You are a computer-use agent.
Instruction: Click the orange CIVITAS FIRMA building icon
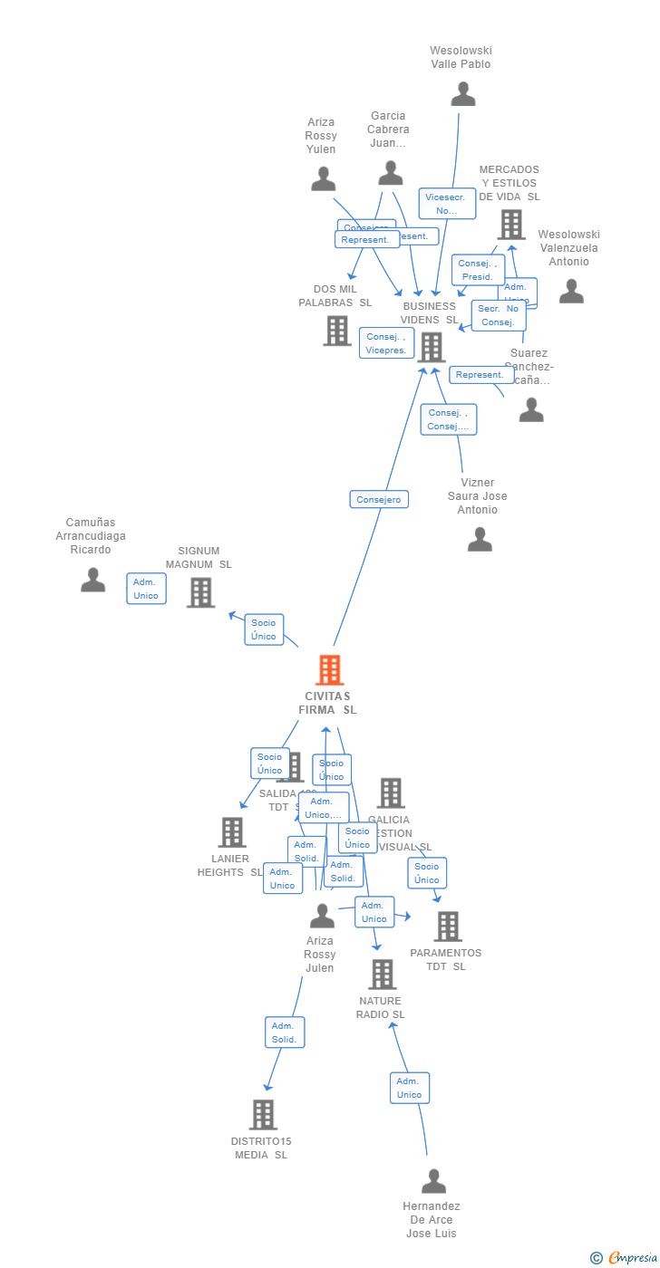pyautogui.click(x=329, y=670)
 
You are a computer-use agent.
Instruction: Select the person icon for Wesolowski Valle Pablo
pyautogui.click(x=463, y=94)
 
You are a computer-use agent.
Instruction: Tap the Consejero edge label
pyautogui.click(x=379, y=499)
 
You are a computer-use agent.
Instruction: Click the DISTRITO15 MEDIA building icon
pyautogui.click(x=263, y=1115)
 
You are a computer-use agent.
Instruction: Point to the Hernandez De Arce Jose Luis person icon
pyautogui.click(x=433, y=1181)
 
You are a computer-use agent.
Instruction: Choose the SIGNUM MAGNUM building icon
pyautogui.click(x=200, y=592)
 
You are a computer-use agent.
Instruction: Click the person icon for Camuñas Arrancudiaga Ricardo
pyautogui.click(x=92, y=580)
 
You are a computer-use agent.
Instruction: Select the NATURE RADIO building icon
pyautogui.click(x=382, y=975)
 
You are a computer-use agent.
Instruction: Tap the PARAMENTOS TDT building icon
pyautogui.click(x=447, y=927)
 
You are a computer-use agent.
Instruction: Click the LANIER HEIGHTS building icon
pyautogui.click(x=232, y=832)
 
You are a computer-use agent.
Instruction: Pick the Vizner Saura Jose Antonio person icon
pyautogui.click(x=480, y=540)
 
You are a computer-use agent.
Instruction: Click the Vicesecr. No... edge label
pyautogui.click(x=447, y=203)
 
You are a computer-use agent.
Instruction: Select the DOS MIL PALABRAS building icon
pyautogui.click(x=337, y=331)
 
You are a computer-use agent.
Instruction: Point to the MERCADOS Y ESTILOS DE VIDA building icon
pyautogui.click(x=511, y=225)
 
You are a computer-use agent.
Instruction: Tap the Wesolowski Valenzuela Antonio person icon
pyautogui.click(x=571, y=291)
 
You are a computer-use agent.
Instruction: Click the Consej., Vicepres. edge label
pyautogui.click(x=387, y=343)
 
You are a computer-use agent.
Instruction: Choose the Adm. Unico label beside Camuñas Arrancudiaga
pyautogui.click(x=146, y=589)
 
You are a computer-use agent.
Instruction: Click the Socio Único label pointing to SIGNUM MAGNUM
pyautogui.click(x=264, y=629)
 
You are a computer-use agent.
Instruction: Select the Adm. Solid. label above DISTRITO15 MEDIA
pyautogui.click(x=285, y=1033)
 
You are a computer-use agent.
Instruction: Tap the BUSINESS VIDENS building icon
pyautogui.click(x=431, y=347)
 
